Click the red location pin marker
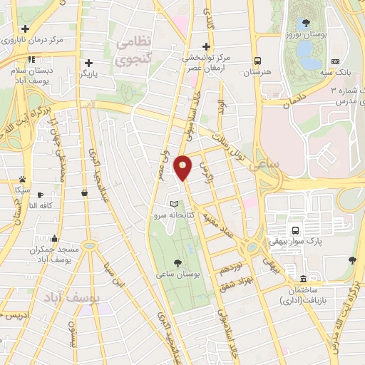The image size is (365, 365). [x=183, y=168]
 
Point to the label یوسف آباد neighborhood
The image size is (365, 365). [x=71, y=295]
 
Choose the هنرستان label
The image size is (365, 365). [x=257, y=73]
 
